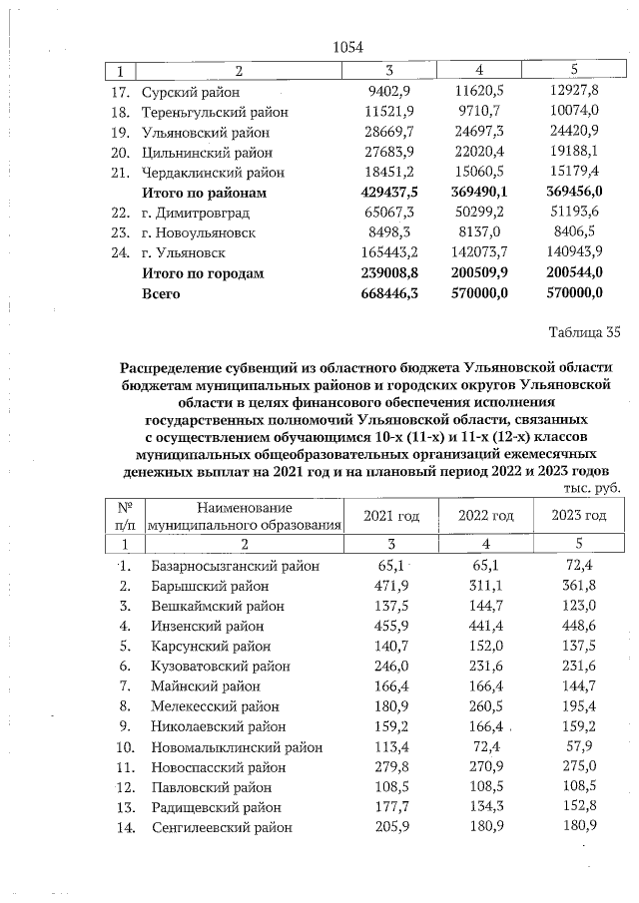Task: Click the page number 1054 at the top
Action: [346, 47]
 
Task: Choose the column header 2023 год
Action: [578, 516]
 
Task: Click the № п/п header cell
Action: [125, 516]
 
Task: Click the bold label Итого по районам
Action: [206, 192]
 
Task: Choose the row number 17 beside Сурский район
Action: [120, 92]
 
